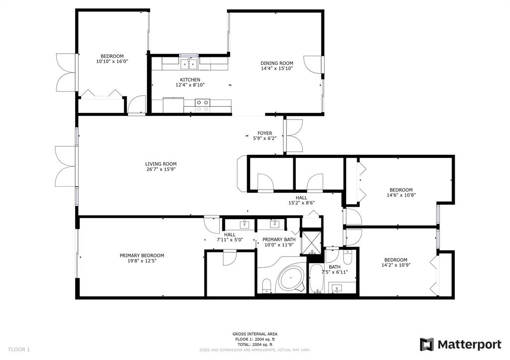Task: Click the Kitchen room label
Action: [190, 80]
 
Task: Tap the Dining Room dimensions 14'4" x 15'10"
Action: [277, 69]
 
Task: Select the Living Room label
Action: [161, 164]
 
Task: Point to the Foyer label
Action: [265, 133]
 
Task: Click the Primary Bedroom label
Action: [142, 255]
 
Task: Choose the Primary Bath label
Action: [279, 240]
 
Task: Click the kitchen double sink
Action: [189, 64]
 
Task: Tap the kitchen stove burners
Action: [202, 106]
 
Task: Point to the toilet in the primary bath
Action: [266, 285]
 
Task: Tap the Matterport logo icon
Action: [427, 345]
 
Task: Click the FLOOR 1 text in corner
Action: [19, 350]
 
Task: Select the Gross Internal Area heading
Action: [255, 334]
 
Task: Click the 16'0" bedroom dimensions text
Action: [112, 61]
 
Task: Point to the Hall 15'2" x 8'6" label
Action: [301, 200]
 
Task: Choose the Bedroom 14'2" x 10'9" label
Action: [396, 262]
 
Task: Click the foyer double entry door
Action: [294, 135]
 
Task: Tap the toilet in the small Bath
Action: [347, 256]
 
